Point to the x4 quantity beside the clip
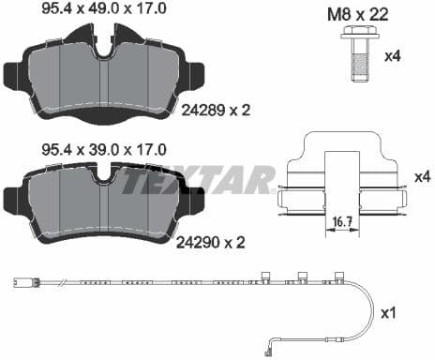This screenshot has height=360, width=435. pos(420,175)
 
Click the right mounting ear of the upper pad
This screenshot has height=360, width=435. pos(195,75)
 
